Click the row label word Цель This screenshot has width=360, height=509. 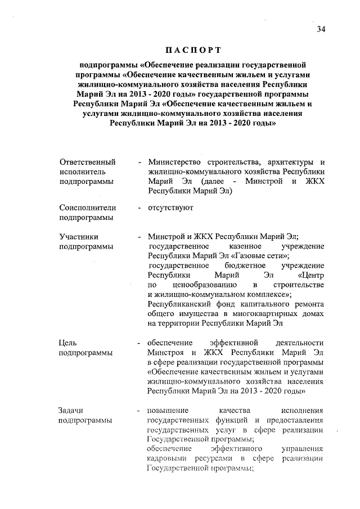[x=67, y=342]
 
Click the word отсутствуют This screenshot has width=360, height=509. [x=170, y=208]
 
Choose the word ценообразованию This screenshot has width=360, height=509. [x=204, y=285]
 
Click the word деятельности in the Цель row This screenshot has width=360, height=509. [x=299, y=342]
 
